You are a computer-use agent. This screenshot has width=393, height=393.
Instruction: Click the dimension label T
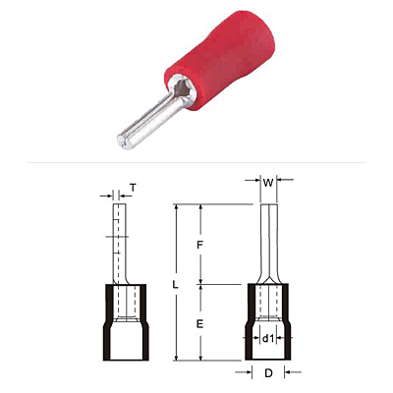coord(133,188)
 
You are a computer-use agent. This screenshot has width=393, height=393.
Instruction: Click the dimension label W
coord(268,183)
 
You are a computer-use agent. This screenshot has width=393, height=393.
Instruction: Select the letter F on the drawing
coord(200,246)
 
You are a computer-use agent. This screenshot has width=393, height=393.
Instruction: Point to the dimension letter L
coord(176,285)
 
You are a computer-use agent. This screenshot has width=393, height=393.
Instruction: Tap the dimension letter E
coord(199,324)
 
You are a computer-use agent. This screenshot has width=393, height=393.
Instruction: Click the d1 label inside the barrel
coord(268,339)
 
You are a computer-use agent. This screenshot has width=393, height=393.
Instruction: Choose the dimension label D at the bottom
coord(268,373)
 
